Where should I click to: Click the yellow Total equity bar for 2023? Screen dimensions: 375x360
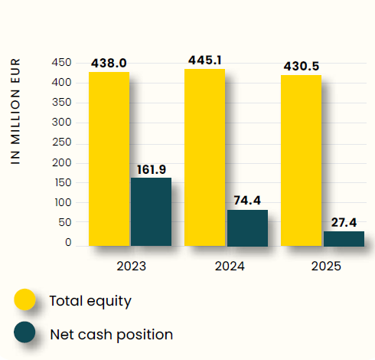[109, 159]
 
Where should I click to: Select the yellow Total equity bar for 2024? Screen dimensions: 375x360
[205, 158]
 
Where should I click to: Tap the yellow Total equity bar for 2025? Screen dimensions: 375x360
[302, 161]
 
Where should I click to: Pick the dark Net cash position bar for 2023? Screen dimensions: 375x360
[152, 212]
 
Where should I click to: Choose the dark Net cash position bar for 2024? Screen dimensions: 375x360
[248, 228]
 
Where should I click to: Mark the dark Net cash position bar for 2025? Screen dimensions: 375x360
[344, 239]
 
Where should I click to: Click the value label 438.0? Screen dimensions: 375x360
[109, 63]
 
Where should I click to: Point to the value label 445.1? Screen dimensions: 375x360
[205, 61]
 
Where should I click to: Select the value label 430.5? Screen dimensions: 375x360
[302, 67]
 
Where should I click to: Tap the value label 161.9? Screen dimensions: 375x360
[152, 169]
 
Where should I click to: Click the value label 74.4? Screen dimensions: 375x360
[247, 201]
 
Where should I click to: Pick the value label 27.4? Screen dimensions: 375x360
[344, 222]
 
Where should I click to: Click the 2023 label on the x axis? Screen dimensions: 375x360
[132, 267]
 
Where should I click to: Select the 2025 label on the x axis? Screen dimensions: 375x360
[326, 267]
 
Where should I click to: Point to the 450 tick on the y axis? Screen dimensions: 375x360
[61, 62]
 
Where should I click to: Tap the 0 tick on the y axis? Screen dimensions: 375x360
[68, 242]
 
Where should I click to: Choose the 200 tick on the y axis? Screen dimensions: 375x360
[61, 162]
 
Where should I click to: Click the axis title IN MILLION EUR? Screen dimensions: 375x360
[15, 111]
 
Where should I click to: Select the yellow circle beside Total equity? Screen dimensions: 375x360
[24, 299]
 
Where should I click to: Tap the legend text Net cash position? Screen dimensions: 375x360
[112, 335]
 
